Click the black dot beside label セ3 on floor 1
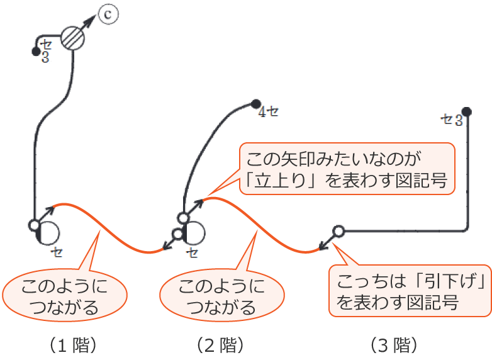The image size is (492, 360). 36,51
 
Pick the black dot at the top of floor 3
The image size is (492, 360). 466,110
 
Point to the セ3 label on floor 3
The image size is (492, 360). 452,119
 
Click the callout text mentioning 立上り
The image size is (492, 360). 347,168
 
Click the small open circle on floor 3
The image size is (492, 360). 338,231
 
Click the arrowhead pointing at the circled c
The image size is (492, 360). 92,21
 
